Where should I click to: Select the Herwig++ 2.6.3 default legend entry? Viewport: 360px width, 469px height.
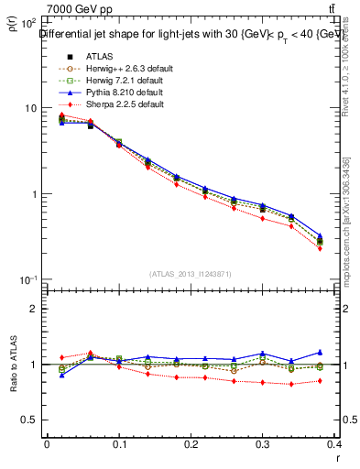116,67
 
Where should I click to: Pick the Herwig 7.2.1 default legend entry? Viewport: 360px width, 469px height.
115,80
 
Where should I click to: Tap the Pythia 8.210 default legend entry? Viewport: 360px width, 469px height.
113,93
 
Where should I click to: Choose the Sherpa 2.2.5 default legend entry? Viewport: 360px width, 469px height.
113,105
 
